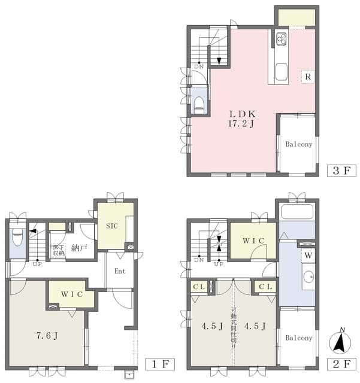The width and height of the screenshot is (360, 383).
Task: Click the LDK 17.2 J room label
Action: click(x=242, y=118)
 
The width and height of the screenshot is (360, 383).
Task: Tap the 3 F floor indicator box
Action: click(x=341, y=171)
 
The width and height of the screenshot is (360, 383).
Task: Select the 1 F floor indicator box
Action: click(x=160, y=364)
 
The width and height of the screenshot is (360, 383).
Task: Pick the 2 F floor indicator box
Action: click(x=341, y=364)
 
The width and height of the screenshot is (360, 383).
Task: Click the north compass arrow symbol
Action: click(x=340, y=342)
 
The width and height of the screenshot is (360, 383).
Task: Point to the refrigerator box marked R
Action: click(x=308, y=77)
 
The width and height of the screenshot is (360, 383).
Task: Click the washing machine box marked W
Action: click(x=308, y=256)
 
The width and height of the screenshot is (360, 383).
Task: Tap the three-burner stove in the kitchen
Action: click(x=282, y=39)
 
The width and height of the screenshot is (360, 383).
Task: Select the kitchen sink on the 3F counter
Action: click(x=282, y=72)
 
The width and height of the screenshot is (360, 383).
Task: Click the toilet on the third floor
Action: click(x=199, y=104)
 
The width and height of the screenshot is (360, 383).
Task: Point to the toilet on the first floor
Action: click(x=17, y=237)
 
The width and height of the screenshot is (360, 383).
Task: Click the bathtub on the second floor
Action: click(x=297, y=212)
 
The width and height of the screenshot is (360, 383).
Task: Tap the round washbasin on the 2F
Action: click(x=308, y=277)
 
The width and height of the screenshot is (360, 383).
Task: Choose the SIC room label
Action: click(x=112, y=226)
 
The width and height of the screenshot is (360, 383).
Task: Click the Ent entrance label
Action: click(x=120, y=271)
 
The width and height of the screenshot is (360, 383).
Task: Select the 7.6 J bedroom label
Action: click(x=47, y=336)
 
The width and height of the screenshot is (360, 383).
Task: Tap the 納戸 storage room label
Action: click(x=79, y=248)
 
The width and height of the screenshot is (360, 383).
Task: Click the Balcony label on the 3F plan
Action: click(x=299, y=144)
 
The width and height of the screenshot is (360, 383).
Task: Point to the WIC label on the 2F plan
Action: click(x=253, y=241)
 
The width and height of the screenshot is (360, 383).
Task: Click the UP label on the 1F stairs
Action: click(x=37, y=264)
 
